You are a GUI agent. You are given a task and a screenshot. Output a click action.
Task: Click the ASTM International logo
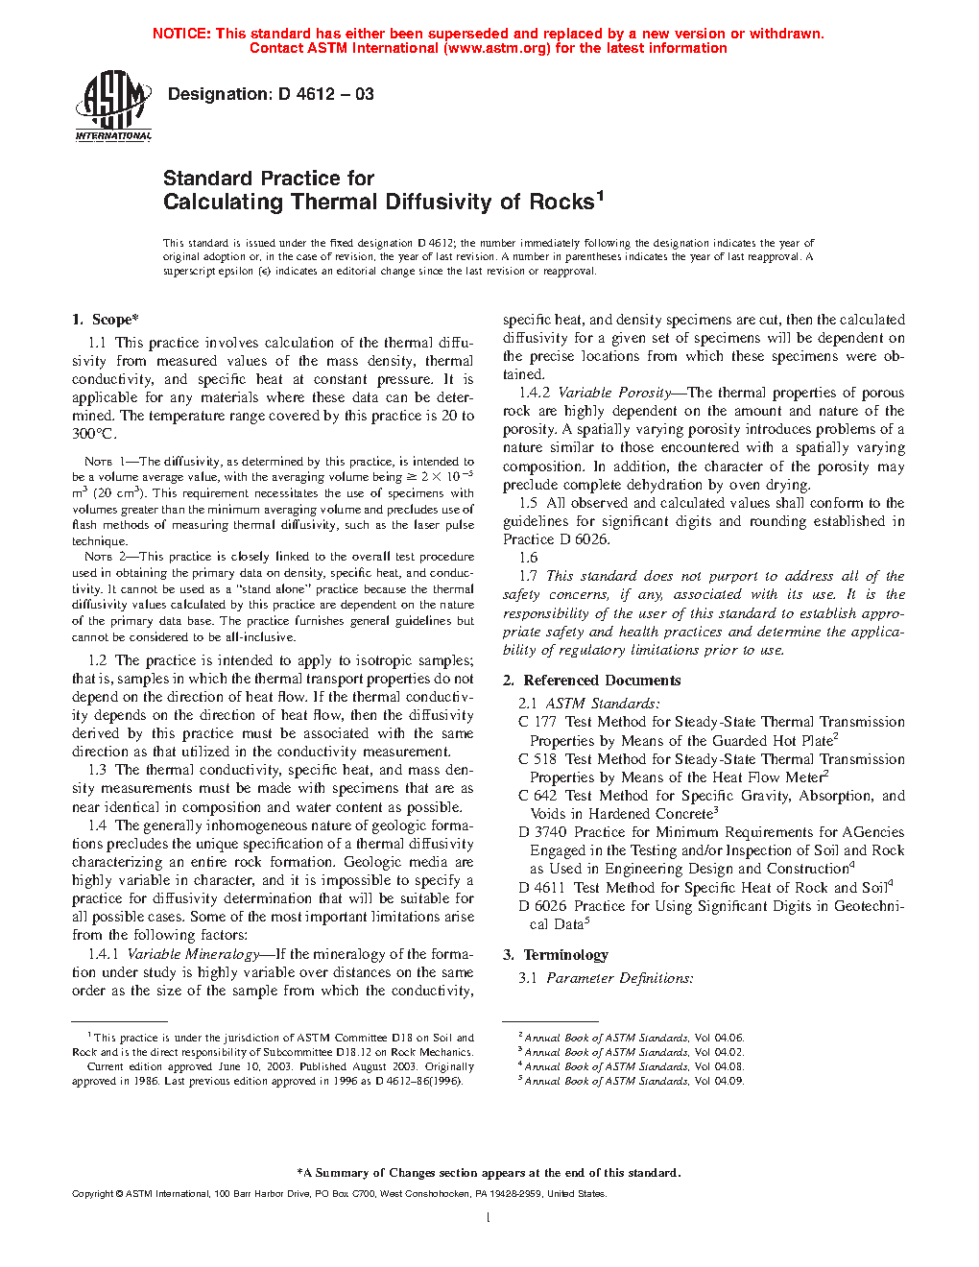113,106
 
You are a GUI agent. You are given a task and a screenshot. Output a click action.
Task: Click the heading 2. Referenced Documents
592,681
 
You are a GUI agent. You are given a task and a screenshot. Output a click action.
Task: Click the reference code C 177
537,722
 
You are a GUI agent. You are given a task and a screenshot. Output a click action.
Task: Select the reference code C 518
537,759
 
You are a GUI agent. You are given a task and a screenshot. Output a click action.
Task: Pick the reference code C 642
537,796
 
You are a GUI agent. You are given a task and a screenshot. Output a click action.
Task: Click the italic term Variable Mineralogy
193,954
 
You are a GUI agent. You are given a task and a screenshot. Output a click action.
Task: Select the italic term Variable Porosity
614,393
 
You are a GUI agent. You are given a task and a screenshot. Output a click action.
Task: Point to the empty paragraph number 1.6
529,558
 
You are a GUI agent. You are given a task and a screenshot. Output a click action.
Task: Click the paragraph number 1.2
98,660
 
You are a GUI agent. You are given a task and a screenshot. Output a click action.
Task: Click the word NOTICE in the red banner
181,34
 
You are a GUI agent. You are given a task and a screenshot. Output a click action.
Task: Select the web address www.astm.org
497,48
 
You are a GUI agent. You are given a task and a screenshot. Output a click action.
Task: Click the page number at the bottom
489,1218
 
